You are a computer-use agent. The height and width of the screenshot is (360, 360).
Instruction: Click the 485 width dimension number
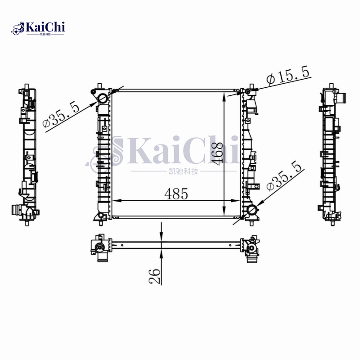[x=175, y=194]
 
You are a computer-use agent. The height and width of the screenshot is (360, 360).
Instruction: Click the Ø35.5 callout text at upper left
[x=61, y=115]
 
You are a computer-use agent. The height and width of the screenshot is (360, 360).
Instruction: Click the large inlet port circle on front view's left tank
[x=102, y=98]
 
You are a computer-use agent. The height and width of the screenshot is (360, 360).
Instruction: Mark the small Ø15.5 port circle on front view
[x=247, y=93]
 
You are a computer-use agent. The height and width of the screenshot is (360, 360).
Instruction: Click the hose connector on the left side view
[x=18, y=210]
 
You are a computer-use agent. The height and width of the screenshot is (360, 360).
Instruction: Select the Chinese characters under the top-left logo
[x=46, y=35]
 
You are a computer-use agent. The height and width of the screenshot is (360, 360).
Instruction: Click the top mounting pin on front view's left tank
[x=99, y=85]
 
